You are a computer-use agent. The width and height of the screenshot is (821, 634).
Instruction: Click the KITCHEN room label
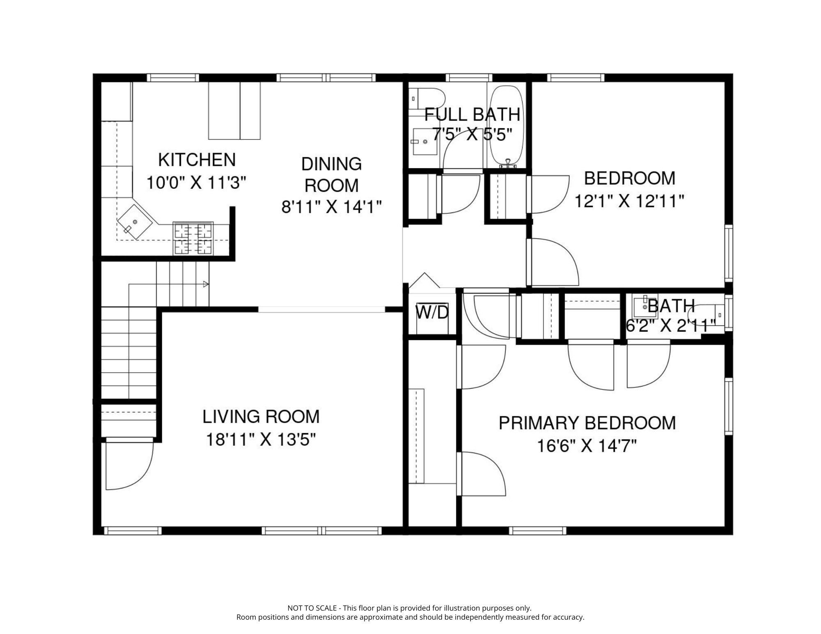(x=197, y=160)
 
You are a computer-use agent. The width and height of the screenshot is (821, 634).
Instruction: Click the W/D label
(x=432, y=313)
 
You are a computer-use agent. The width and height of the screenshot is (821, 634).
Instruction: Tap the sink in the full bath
(x=424, y=141)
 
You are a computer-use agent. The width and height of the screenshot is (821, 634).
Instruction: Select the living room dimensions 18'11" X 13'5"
(x=261, y=440)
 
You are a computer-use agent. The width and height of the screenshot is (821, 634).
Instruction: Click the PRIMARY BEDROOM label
(x=587, y=423)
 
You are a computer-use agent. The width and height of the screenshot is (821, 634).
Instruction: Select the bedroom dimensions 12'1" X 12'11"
(x=629, y=201)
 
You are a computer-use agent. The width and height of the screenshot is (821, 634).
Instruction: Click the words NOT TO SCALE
(x=312, y=608)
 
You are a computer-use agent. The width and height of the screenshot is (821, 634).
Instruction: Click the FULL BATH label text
(x=472, y=114)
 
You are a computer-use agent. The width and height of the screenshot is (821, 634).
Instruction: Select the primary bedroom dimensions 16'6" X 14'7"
(x=587, y=446)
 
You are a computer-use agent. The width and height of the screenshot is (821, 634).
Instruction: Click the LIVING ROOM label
(x=261, y=417)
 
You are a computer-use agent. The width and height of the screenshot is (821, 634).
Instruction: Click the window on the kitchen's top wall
(x=173, y=78)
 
